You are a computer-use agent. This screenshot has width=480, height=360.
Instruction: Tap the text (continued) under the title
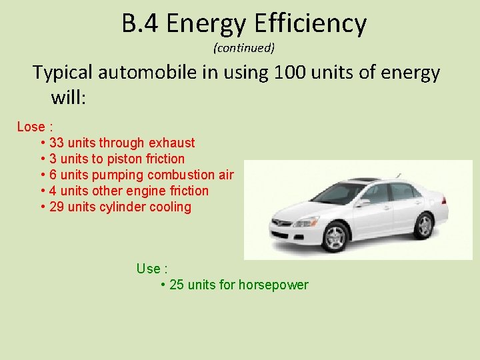click(244, 48)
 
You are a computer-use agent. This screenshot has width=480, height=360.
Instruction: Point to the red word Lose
click(31, 127)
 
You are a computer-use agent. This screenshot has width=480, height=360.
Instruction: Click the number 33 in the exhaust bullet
click(57, 143)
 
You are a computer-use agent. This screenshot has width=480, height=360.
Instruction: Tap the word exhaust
click(172, 143)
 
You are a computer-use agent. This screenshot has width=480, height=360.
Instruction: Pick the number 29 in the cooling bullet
click(57, 207)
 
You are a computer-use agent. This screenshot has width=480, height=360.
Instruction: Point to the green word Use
click(149, 269)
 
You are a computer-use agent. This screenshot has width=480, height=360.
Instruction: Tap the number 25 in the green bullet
click(177, 285)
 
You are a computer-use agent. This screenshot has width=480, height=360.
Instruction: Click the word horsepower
click(274, 285)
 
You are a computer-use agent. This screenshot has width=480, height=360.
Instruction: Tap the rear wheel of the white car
click(424, 226)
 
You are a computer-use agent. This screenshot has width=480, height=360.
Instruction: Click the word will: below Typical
click(69, 98)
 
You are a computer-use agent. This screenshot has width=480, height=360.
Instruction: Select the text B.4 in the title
click(140, 24)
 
